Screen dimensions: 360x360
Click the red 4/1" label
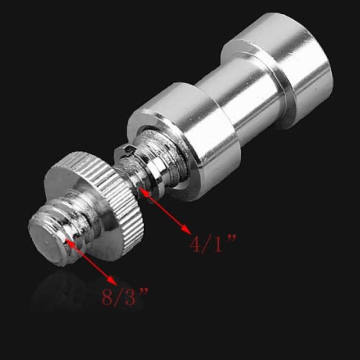(x=213, y=244)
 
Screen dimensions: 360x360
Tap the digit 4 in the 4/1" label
(x=195, y=245)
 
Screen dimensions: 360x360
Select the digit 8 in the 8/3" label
(x=107, y=298)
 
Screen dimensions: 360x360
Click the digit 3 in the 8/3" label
(x=130, y=298)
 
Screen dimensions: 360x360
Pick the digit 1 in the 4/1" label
(x=218, y=245)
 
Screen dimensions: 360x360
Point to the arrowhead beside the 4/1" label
(x=186, y=229)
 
